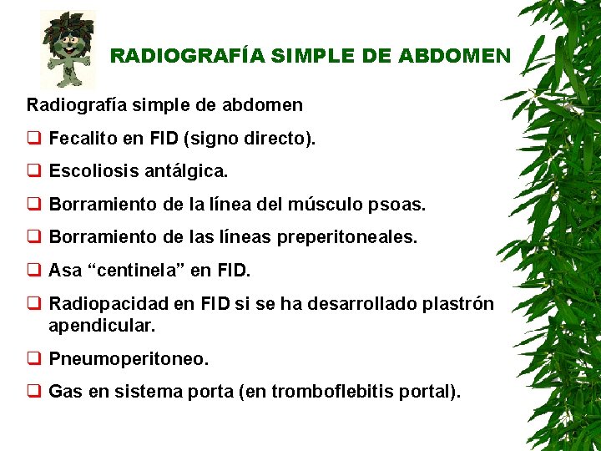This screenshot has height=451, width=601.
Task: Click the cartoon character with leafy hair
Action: pyautogui.click(x=68, y=50)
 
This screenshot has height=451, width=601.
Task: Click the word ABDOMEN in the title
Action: pyautogui.click(x=454, y=57)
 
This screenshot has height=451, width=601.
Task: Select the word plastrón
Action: pyautogui.click(x=458, y=305)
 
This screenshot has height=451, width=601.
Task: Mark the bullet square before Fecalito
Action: pyautogui.click(x=33, y=139)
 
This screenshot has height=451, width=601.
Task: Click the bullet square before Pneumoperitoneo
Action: pyautogui.click(x=33, y=360)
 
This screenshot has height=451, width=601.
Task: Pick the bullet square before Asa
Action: pyautogui.click(x=33, y=272)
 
